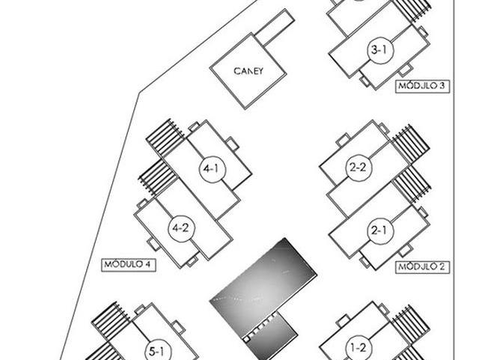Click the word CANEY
click(x=248, y=73)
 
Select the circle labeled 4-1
click(x=210, y=170)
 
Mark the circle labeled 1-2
click(x=358, y=347)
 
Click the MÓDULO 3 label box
click(x=421, y=86)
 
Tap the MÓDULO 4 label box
click(x=126, y=263)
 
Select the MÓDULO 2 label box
click(x=421, y=266)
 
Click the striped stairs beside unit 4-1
click(x=165, y=138)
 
